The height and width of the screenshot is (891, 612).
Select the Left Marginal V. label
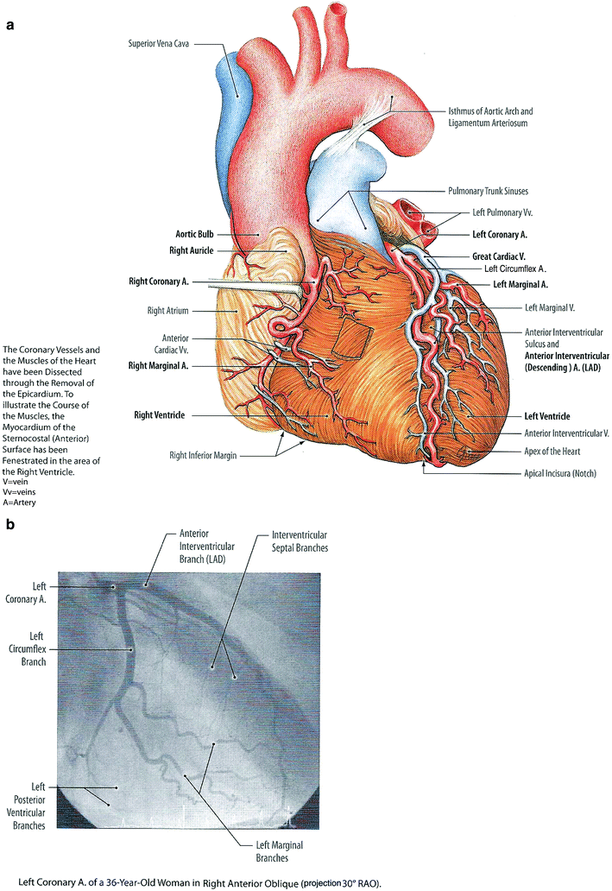point(551,307)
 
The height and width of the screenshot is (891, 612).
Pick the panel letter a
point(9,25)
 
